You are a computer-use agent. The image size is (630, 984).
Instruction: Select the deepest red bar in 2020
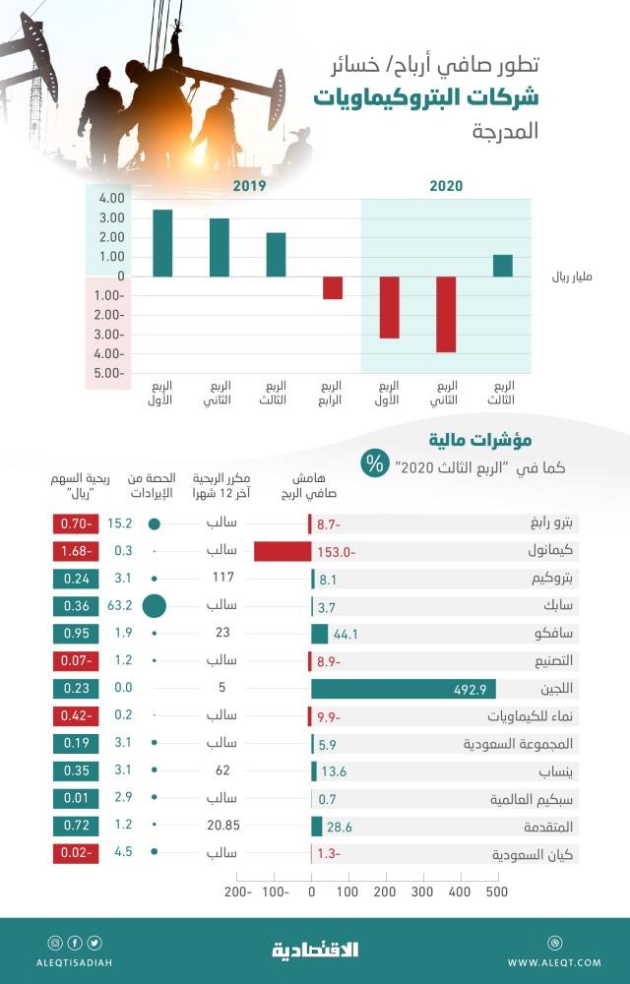446,314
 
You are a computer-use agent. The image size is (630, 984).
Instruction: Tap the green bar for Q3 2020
503,266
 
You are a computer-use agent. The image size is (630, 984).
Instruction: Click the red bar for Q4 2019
333,287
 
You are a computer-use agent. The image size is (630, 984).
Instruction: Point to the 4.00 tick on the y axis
110,199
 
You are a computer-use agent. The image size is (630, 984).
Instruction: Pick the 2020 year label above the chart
446,186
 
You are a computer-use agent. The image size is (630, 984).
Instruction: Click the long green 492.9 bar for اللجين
404,690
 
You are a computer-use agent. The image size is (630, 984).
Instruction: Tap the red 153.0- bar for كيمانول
283,552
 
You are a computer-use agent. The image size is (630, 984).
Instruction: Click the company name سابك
550,607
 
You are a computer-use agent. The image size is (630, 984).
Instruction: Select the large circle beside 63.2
155,607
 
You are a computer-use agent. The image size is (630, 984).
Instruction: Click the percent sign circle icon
375,465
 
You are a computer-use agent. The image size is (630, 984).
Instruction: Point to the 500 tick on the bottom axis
496,892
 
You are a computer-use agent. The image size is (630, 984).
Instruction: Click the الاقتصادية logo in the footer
315,950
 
